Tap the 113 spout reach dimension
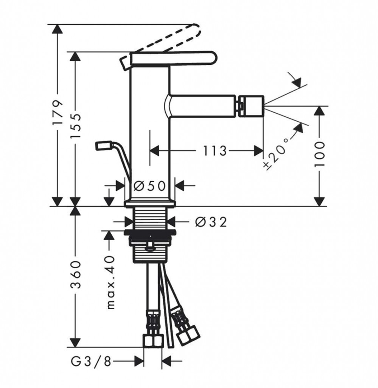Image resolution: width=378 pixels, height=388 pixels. click(x=215, y=151)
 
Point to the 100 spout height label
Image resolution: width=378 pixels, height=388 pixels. click(x=320, y=154)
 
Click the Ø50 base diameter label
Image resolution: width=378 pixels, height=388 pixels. click(x=149, y=186)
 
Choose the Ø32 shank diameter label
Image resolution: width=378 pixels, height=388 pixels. click(x=211, y=222)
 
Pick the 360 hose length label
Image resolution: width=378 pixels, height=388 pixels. click(x=76, y=274)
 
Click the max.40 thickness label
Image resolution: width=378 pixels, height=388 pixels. click(x=111, y=282)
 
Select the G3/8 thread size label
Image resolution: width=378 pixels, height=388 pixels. click(x=91, y=361)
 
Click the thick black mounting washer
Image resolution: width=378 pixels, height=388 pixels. click(x=150, y=233)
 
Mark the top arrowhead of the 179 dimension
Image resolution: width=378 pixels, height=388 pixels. click(x=58, y=29)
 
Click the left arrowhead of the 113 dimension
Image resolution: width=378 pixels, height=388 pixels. click(x=154, y=151)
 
